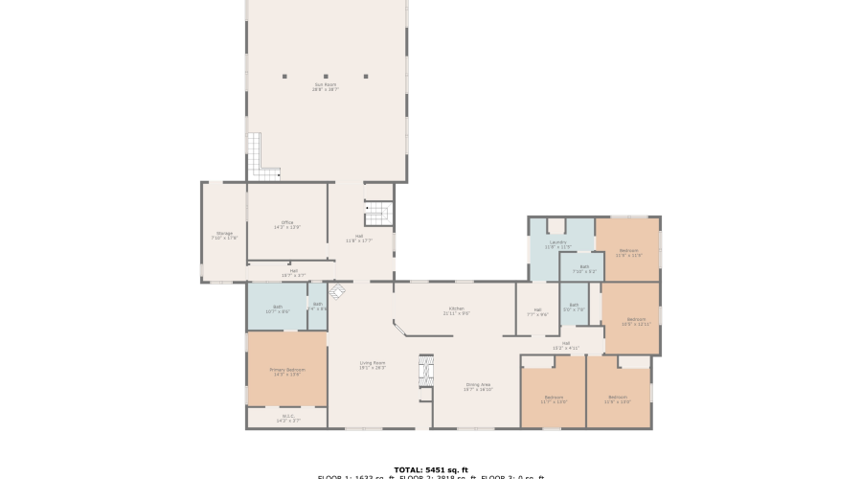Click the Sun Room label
tap(326, 86)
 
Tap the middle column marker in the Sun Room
tap(326, 76)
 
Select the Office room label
tap(287, 224)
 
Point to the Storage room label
tap(224, 235)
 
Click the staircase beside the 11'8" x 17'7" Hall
tap(378, 213)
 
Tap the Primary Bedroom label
tap(287, 371)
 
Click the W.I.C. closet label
tap(287, 419)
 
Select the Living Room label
tap(373, 364)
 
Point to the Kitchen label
tap(456, 310)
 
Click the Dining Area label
tap(478, 387)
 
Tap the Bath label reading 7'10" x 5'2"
tap(584, 269)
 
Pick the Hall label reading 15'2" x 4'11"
tap(566, 345)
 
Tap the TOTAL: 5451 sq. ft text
tap(430, 469)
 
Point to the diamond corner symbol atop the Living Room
tap(337, 289)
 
